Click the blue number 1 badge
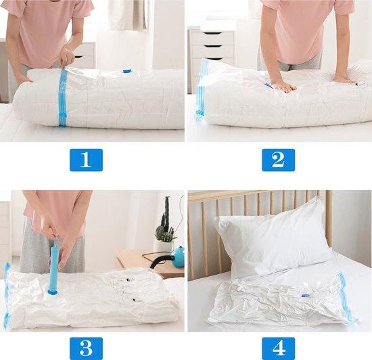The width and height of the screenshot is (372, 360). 86,160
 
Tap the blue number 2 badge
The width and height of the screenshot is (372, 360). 278,160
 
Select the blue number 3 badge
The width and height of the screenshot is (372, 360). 86,348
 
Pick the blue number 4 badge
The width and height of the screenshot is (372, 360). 278,348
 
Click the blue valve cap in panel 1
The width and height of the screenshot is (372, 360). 126,71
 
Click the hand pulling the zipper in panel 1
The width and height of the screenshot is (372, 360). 67,58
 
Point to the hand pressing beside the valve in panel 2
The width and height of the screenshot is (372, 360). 283,86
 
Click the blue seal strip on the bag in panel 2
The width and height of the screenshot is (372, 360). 201,90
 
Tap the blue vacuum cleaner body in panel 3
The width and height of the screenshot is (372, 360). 177,254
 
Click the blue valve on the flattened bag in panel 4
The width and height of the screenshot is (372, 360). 305,296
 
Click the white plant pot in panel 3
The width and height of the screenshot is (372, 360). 164,246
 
